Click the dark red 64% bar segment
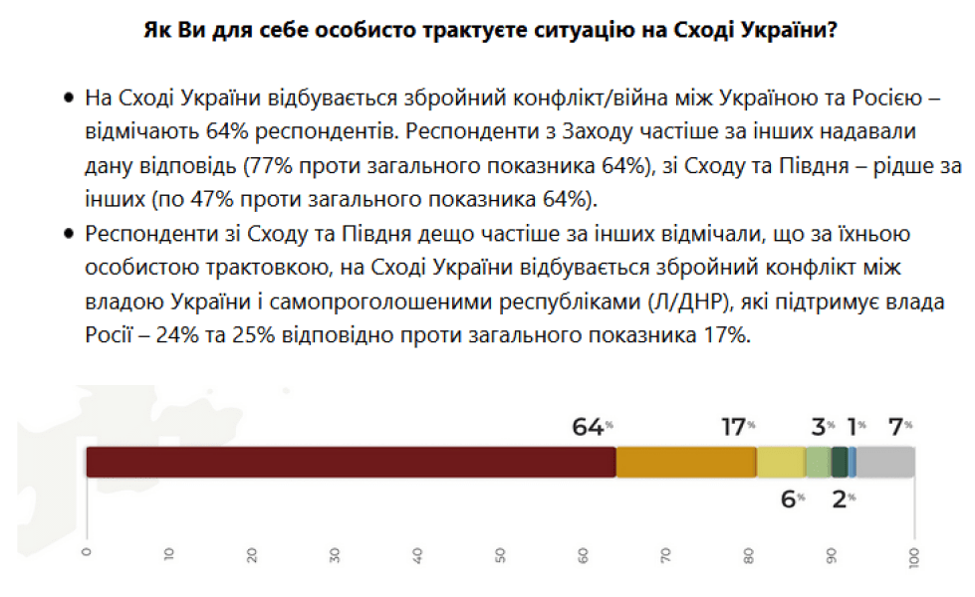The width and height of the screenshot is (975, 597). [351, 462]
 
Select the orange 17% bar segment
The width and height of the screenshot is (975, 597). [686, 462]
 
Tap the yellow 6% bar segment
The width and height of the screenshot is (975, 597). [781, 462]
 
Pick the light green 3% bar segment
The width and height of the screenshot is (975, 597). [818, 462]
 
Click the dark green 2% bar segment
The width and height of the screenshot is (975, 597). [839, 462]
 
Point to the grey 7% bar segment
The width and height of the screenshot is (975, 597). [885, 462]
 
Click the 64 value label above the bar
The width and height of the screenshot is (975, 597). [589, 427]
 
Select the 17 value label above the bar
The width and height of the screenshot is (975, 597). [734, 427]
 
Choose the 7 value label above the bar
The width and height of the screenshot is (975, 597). [895, 427]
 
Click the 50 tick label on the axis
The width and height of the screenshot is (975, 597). [500, 555]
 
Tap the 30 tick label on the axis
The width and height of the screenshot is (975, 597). [335, 555]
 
